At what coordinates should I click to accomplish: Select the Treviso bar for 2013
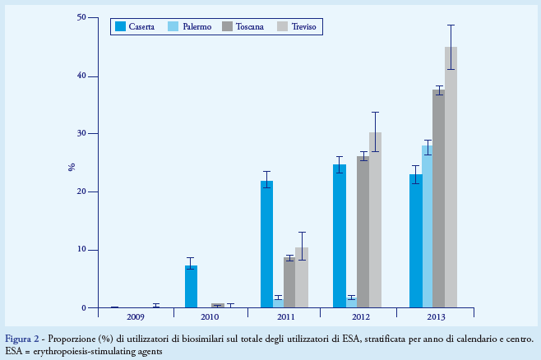point(451,178)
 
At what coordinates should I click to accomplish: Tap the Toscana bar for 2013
point(439,199)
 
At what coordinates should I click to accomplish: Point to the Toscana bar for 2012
point(363,232)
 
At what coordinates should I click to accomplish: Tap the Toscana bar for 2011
point(289,283)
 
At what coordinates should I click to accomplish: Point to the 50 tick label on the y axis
point(81,17)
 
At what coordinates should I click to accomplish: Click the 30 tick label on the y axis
point(81,134)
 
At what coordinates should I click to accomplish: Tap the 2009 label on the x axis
point(136,316)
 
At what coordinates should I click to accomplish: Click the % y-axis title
point(72,167)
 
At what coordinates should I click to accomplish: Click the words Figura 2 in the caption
point(22,339)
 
